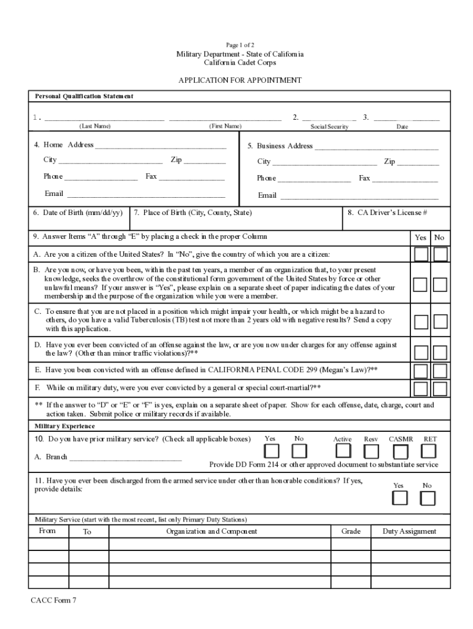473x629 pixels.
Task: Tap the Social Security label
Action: (329, 127)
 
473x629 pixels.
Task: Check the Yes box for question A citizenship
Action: (421, 254)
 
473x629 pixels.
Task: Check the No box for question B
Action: (440, 284)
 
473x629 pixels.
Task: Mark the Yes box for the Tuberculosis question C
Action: (421, 322)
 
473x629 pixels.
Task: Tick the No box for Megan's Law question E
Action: (440, 371)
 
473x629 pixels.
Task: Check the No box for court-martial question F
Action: (440, 389)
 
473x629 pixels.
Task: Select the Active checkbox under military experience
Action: (342, 451)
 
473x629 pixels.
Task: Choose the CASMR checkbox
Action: (401, 451)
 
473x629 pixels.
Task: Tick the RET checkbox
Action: (430, 451)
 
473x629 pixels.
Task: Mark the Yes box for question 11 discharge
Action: (400, 498)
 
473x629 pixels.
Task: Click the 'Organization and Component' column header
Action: (211, 531)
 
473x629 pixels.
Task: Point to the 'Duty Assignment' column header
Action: (409, 531)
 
